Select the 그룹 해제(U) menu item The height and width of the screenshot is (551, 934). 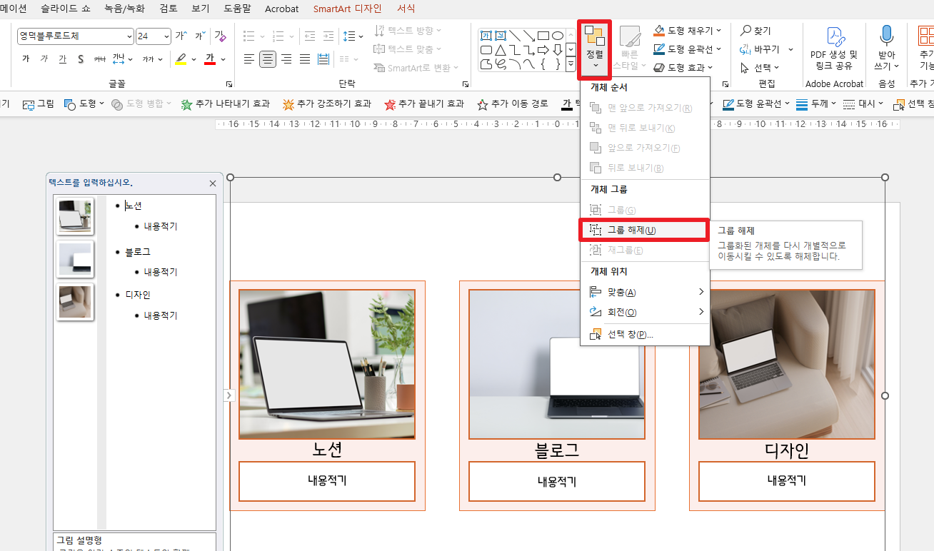click(631, 230)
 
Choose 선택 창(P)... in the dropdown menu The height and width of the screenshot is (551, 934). click(630, 335)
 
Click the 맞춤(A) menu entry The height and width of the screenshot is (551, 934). click(621, 292)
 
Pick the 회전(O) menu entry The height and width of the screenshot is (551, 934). click(621, 312)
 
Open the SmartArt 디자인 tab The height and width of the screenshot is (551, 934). click(347, 9)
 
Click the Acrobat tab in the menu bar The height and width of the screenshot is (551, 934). click(282, 9)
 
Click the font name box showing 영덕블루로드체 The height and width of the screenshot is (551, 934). click(75, 36)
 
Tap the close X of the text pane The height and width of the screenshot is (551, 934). click(212, 183)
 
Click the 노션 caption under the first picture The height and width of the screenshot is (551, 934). click(327, 450)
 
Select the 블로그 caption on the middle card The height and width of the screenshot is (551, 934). click(557, 450)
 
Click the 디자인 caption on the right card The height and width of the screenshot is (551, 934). click(787, 451)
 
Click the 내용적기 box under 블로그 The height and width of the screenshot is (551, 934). click(557, 481)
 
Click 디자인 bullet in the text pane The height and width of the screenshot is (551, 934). click(138, 295)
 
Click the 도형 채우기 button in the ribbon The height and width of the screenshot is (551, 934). click(686, 31)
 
